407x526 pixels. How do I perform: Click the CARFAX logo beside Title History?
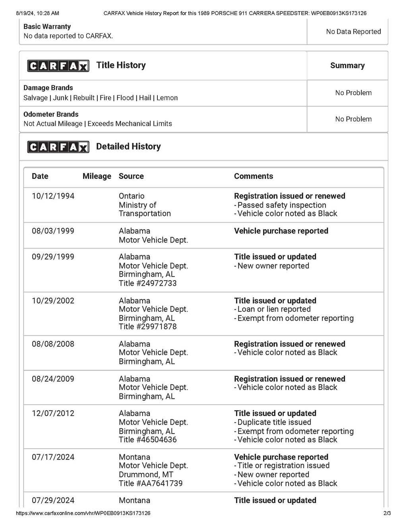58,66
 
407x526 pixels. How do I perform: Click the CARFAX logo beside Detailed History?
58,147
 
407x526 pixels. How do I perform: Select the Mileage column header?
97,176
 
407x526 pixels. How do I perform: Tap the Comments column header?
253,176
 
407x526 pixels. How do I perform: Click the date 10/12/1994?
53,196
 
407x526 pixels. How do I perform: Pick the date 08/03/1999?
53,231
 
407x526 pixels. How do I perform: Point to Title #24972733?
147,283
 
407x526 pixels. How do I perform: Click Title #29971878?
147,327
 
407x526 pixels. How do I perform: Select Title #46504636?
147,440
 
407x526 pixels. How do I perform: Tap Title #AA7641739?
151,484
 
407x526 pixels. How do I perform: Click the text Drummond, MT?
146,475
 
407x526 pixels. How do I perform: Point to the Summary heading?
347,66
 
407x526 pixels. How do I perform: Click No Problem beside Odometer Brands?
353,119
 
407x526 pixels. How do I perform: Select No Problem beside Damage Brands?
353,93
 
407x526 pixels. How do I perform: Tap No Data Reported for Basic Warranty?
353,32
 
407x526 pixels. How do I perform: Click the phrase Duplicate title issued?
274,422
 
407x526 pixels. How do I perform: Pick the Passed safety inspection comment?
281,205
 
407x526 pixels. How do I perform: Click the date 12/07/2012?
53,414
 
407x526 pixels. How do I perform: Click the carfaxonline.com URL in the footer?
83,513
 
